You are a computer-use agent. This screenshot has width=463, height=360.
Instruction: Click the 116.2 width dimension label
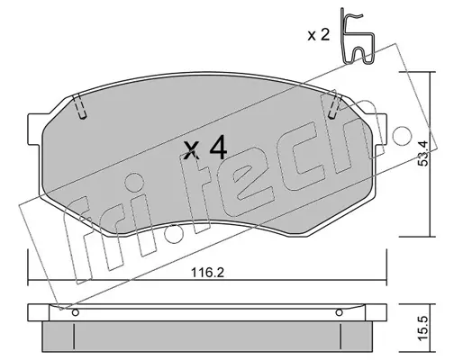[208, 273]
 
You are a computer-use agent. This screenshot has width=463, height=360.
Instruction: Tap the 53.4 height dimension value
[423, 153]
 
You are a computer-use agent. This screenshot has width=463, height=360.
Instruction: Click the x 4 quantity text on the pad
[205, 148]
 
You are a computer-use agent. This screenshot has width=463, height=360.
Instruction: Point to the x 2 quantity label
[319, 35]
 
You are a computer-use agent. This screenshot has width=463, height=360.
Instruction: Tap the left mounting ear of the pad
[34, 129]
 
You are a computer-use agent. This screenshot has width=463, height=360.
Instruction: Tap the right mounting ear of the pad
[380, 129]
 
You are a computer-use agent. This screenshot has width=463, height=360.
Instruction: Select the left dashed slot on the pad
[80, 106]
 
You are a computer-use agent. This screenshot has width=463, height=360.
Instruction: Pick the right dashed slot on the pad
[335, 106]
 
